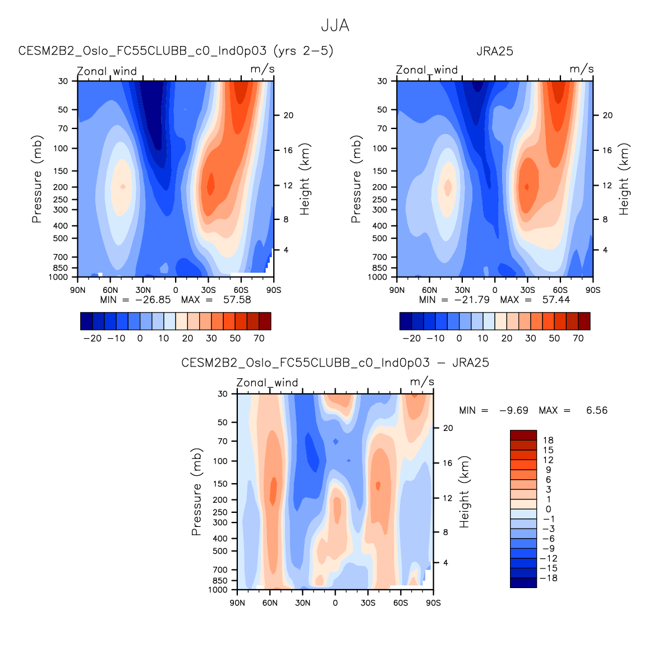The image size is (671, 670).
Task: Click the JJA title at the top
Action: point(335,26)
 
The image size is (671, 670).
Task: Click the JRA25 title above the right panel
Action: point(494,52)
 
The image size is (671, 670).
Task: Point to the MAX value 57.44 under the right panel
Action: point(556,300)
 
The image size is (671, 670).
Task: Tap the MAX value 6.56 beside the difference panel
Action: point(596,411)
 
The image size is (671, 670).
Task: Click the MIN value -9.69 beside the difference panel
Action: point(513,411)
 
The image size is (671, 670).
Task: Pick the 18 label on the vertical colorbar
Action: point(548,440)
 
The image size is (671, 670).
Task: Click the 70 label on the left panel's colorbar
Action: point(259,338)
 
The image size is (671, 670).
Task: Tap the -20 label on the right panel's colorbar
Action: point(411,338)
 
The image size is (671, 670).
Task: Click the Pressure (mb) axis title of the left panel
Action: point(37,179)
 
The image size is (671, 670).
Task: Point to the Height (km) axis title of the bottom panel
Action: point(465,492)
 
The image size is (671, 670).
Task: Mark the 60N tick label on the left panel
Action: point(110,290)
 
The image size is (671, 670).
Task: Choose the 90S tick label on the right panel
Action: point(592,290)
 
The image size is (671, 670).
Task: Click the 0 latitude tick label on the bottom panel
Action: point(335,603)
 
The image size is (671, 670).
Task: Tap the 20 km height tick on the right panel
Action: point(608,116)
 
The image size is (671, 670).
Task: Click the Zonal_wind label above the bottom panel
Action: point(267,383)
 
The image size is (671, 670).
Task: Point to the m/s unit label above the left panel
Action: point(262,70)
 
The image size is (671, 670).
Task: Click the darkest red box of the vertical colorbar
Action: point(523,435)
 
